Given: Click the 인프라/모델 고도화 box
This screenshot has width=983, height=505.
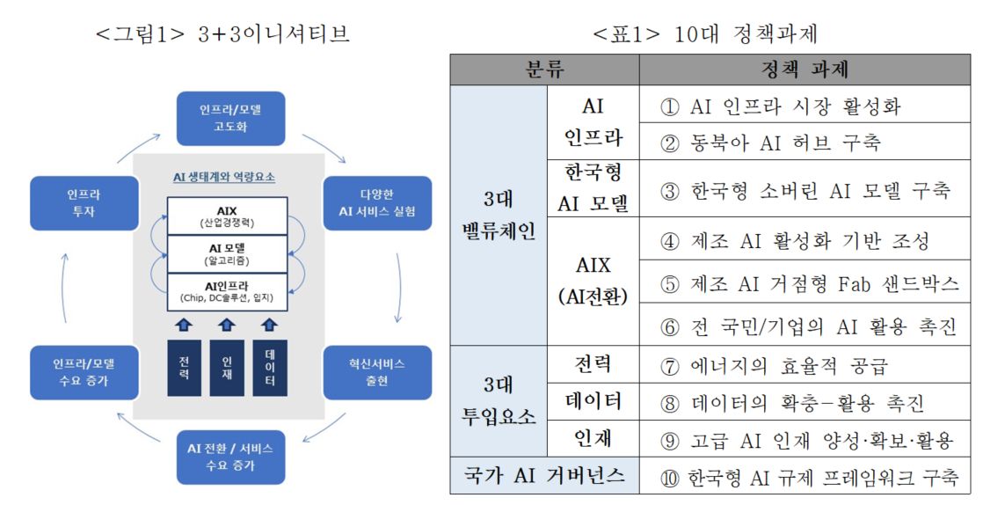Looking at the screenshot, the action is click(230, 118).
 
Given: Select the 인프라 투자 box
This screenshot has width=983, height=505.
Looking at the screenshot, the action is click(84, 203).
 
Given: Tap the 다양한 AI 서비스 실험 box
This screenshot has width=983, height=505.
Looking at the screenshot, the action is click(377, 203).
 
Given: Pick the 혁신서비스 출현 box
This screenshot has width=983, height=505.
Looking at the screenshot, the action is click(377, 372).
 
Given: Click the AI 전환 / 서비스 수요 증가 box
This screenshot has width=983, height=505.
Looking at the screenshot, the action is click(230, 457).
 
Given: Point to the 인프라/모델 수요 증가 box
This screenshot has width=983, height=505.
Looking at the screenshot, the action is click(84, 372).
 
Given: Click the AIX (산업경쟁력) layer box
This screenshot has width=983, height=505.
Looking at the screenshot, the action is click(227, 216).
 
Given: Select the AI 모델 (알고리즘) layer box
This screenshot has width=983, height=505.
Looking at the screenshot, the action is click(227, 254).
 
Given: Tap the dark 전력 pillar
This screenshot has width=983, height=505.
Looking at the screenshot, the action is click(185, 368).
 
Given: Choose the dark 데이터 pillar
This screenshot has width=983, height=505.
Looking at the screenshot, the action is click(270, 368).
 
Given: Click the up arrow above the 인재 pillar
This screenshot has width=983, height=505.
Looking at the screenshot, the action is click(227, 325).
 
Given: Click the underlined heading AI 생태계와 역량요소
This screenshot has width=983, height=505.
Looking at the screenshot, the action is click(224, 178).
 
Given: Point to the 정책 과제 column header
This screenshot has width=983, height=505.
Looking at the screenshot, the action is click(805, 70).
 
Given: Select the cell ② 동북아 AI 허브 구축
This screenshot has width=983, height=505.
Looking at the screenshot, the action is click(805, 142).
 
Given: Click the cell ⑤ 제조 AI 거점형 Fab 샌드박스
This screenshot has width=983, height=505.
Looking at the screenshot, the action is click(805, 283).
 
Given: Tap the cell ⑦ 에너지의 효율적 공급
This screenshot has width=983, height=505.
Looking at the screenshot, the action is click(805, 364).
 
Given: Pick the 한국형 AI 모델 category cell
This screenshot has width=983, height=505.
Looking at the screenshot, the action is click(593, 188).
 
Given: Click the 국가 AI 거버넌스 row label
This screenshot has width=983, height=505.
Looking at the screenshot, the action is click(545, 475).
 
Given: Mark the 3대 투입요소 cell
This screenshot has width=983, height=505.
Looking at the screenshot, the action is click(499, 401).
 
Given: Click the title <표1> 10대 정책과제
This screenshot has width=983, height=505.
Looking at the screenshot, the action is click(706, 33).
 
